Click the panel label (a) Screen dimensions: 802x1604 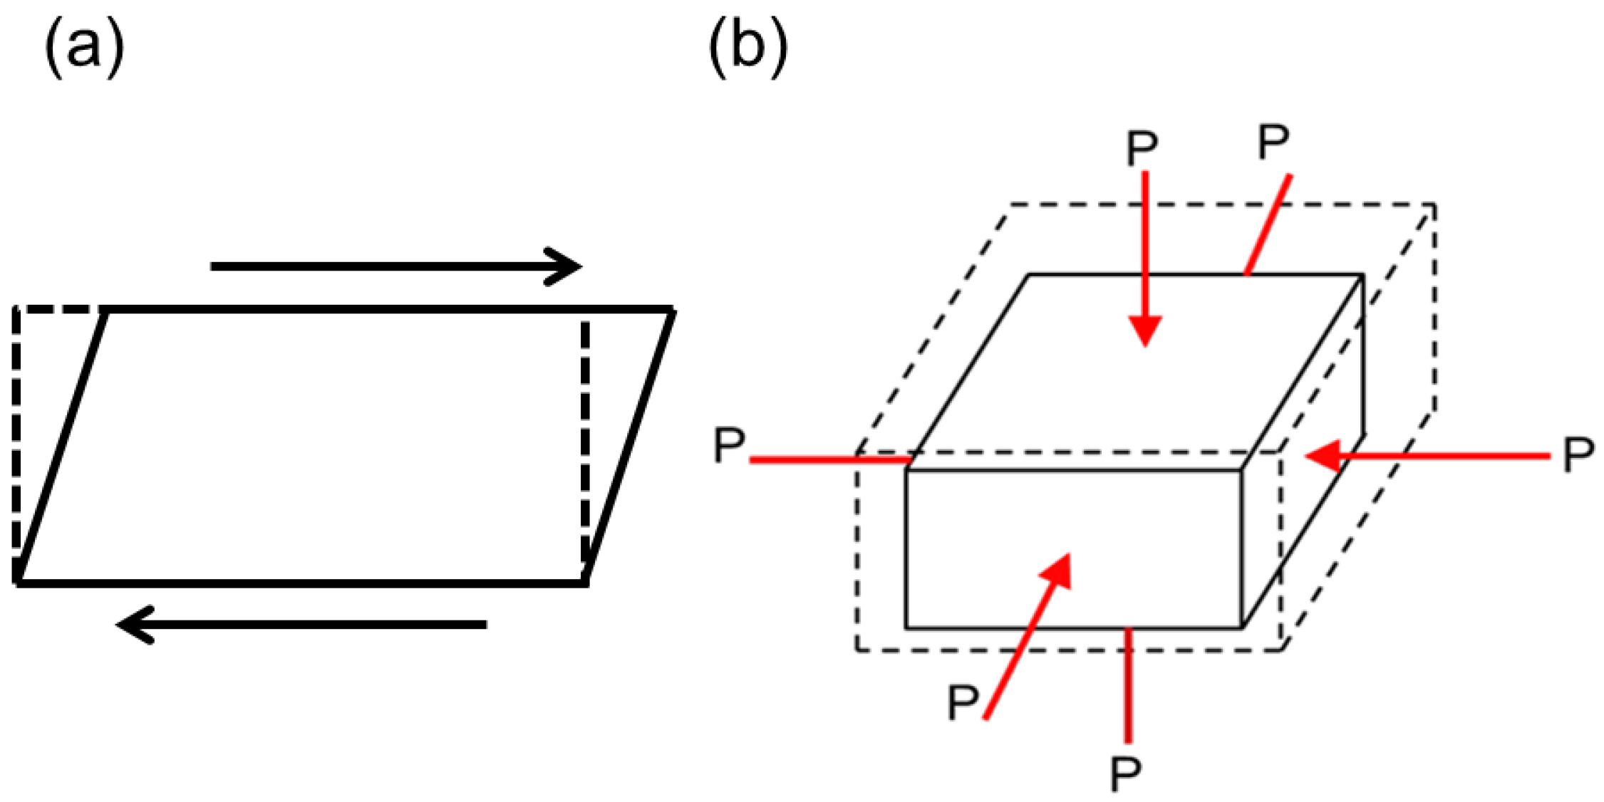(84, 48)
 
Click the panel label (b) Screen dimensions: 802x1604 (747, 48)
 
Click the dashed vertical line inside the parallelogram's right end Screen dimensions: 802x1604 (585, 442)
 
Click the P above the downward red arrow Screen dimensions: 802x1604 (1142, 148)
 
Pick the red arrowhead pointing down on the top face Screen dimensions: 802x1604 (1145, 330)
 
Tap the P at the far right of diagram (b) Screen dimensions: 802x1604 (1578, 454)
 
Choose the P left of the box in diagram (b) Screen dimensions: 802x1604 (729, 446)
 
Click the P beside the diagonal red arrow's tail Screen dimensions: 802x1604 (963, 702)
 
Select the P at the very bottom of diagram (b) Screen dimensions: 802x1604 (1126, 774)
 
